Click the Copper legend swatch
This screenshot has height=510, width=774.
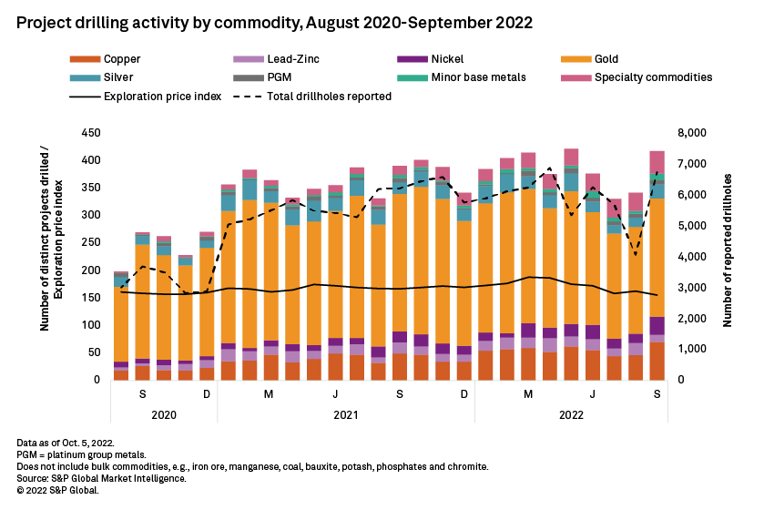(x=82, y=59)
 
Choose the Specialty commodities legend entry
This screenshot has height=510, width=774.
(x=653, y=77)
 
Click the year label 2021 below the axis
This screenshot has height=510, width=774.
(x=345, y=413)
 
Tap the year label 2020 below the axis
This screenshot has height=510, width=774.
(x=164, y=413)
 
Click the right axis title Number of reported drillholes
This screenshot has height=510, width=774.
(x=728, y=255)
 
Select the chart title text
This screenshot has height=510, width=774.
(x=274, y=19)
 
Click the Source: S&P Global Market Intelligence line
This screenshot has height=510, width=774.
(x=102, y=478)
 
